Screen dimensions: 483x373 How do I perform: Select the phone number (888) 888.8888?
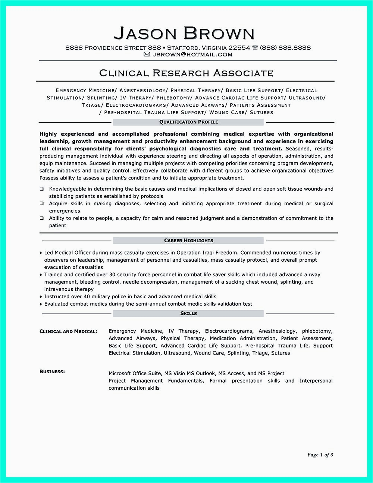285,47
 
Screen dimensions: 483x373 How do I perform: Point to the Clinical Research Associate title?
186,73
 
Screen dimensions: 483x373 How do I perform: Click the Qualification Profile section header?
188,122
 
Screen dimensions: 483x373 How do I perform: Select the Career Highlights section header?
188,241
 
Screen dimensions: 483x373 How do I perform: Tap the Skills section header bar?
188,314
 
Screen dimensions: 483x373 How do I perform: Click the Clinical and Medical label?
68,331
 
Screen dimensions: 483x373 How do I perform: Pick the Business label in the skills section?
52,371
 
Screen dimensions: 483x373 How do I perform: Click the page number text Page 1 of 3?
320,455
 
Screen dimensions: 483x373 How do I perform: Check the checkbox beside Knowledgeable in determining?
42,189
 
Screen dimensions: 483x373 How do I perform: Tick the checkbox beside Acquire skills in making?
42,204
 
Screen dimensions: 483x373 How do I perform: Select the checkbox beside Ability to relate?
42,218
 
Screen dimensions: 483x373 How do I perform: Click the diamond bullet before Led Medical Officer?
41,253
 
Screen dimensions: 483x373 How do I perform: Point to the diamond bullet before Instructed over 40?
41,297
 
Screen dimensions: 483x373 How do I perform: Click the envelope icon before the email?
147,54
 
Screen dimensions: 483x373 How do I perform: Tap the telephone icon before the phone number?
255,47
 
